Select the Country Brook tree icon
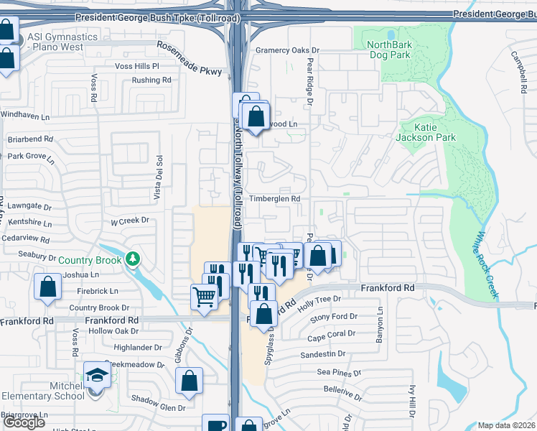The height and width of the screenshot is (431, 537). coord(131,259)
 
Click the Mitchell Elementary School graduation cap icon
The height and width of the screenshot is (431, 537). coord(97,375)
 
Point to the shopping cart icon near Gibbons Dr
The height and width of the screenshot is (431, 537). coord(205,296)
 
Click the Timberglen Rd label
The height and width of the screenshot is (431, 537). coord(274,199)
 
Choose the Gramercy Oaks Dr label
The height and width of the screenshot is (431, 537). coord(286,50)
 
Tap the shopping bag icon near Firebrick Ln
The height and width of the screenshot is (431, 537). coord(47,287)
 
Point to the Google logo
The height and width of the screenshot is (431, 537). coord(24,422)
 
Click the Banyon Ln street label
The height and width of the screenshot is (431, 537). coord(380,326)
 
